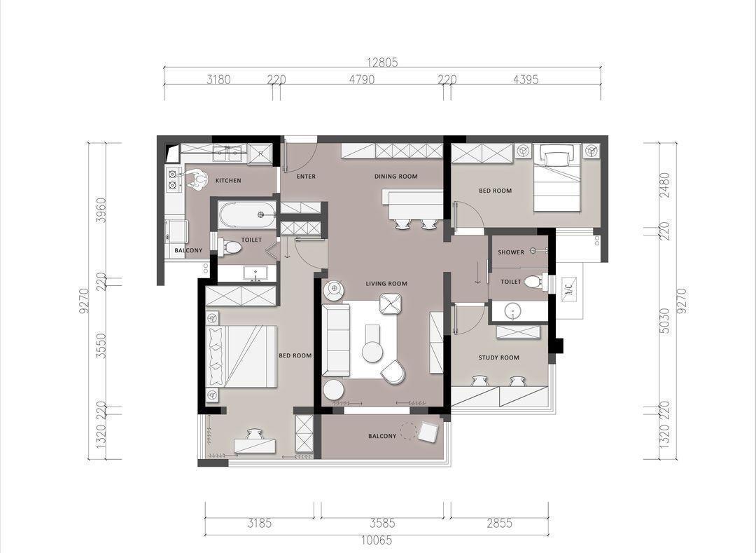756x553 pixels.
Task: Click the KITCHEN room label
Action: click(228, 180)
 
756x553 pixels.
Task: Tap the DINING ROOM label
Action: click(395, 177)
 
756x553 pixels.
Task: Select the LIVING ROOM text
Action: click(386, 284)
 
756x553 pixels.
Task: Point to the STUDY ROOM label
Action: click(498, 357)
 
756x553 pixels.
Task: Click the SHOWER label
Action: click(510, 252)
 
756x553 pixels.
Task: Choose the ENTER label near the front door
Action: click(306, 177)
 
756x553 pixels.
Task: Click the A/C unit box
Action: click(569, 289)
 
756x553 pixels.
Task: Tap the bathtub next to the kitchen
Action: click(247, 214)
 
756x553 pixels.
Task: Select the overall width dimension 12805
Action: click(382, 62)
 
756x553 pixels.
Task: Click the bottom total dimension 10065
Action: click(377, 540)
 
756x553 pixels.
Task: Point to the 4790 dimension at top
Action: click(362, 79)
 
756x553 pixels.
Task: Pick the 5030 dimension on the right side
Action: click(666, 321)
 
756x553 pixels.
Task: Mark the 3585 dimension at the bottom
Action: click(382, 523)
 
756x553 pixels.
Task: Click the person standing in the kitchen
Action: click(195, 179)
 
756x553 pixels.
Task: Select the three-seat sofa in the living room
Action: click(337, 340)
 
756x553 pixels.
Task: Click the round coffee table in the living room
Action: click(372, 351)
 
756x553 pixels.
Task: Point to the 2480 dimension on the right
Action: click(666, 185)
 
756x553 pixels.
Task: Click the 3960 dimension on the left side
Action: click(101, 210)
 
